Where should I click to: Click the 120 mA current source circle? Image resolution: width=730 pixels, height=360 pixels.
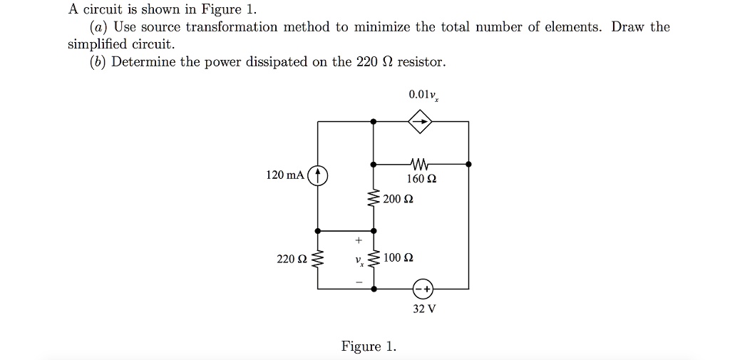pos(318,175)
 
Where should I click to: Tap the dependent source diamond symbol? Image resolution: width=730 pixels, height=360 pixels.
pos(421,122)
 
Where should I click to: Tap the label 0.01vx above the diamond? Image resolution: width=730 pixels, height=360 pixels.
pos(423,95)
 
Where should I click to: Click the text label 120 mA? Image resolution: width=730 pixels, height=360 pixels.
pos(284,175)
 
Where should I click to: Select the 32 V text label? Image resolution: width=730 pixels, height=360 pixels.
pos(424,309)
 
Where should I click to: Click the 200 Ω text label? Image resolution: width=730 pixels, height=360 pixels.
pos(399,199)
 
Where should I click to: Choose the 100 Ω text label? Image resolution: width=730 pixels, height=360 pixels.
pos(399,257)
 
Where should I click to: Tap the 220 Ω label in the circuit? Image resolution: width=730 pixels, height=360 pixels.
pos(291,258)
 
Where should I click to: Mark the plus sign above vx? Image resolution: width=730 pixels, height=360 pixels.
pos(359,240)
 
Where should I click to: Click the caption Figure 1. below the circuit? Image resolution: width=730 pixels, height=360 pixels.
pos(369,346)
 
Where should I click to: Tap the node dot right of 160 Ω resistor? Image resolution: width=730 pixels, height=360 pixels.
pos(468,164)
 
